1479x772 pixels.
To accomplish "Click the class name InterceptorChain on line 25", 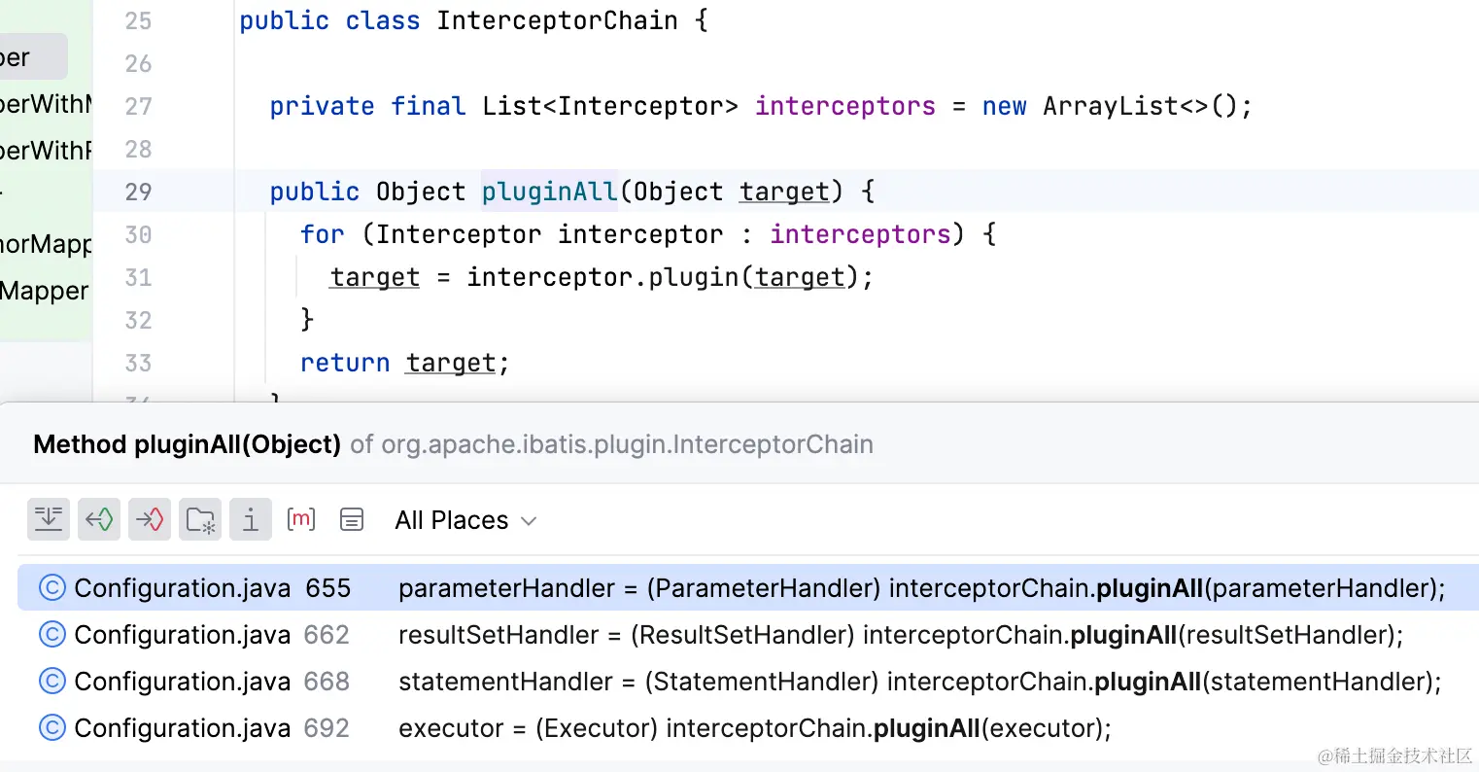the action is click(x=557, y=20).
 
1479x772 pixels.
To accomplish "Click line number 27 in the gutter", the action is click(x=138, y=106).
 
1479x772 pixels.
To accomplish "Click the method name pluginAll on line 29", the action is click(x=549, y=192).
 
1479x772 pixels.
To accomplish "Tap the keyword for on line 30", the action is click(x=322, y=234).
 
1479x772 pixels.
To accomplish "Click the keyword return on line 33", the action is click(x=344, y=363).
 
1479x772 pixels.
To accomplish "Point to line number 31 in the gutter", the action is click(x=138, y=277).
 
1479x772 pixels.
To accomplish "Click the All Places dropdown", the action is click(x=465, y=520).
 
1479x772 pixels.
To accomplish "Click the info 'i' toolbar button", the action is click(x=251, y=519).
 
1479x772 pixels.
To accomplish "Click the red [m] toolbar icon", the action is click(x=301, y=519).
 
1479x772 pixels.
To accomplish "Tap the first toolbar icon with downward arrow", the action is click(x=49, y=519).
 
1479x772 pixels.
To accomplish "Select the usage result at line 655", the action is click(x=739, y=588).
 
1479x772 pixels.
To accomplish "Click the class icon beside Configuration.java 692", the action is click(x=52, y=728).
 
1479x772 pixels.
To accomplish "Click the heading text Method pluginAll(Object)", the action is click(x=187, y=444).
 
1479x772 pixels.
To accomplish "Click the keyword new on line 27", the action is click(x=1004, y=106).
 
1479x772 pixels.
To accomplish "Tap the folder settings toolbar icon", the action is click(x=200, y=519).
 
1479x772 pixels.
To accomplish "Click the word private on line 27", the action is click(x=322, y=106).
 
